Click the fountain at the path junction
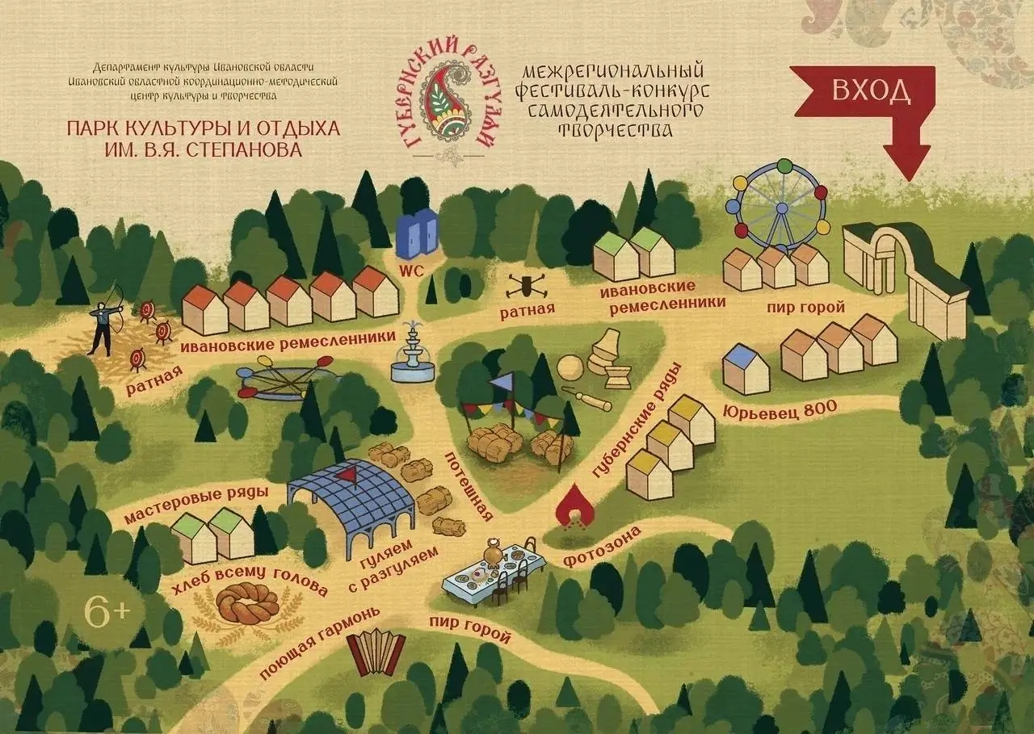(x=412, y=355)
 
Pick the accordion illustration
(x=376, y=653)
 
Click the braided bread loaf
(x=248, y=603)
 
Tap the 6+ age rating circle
(x=107, y=611)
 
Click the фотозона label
(x=603, y=547)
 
